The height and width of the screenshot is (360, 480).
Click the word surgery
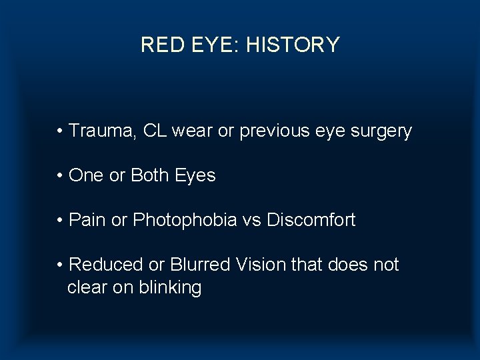click(379, 132)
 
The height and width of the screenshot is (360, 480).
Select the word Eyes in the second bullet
click(195, 176)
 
